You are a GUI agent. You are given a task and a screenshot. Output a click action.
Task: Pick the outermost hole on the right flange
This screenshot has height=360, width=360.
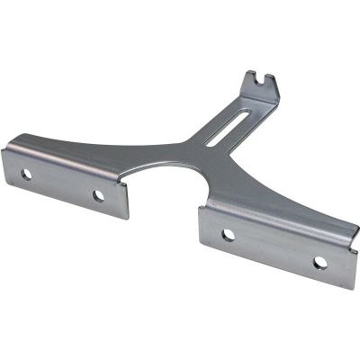pos(319,263)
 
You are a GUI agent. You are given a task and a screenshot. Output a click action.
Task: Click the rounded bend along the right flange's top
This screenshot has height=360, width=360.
pos(279,219)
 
